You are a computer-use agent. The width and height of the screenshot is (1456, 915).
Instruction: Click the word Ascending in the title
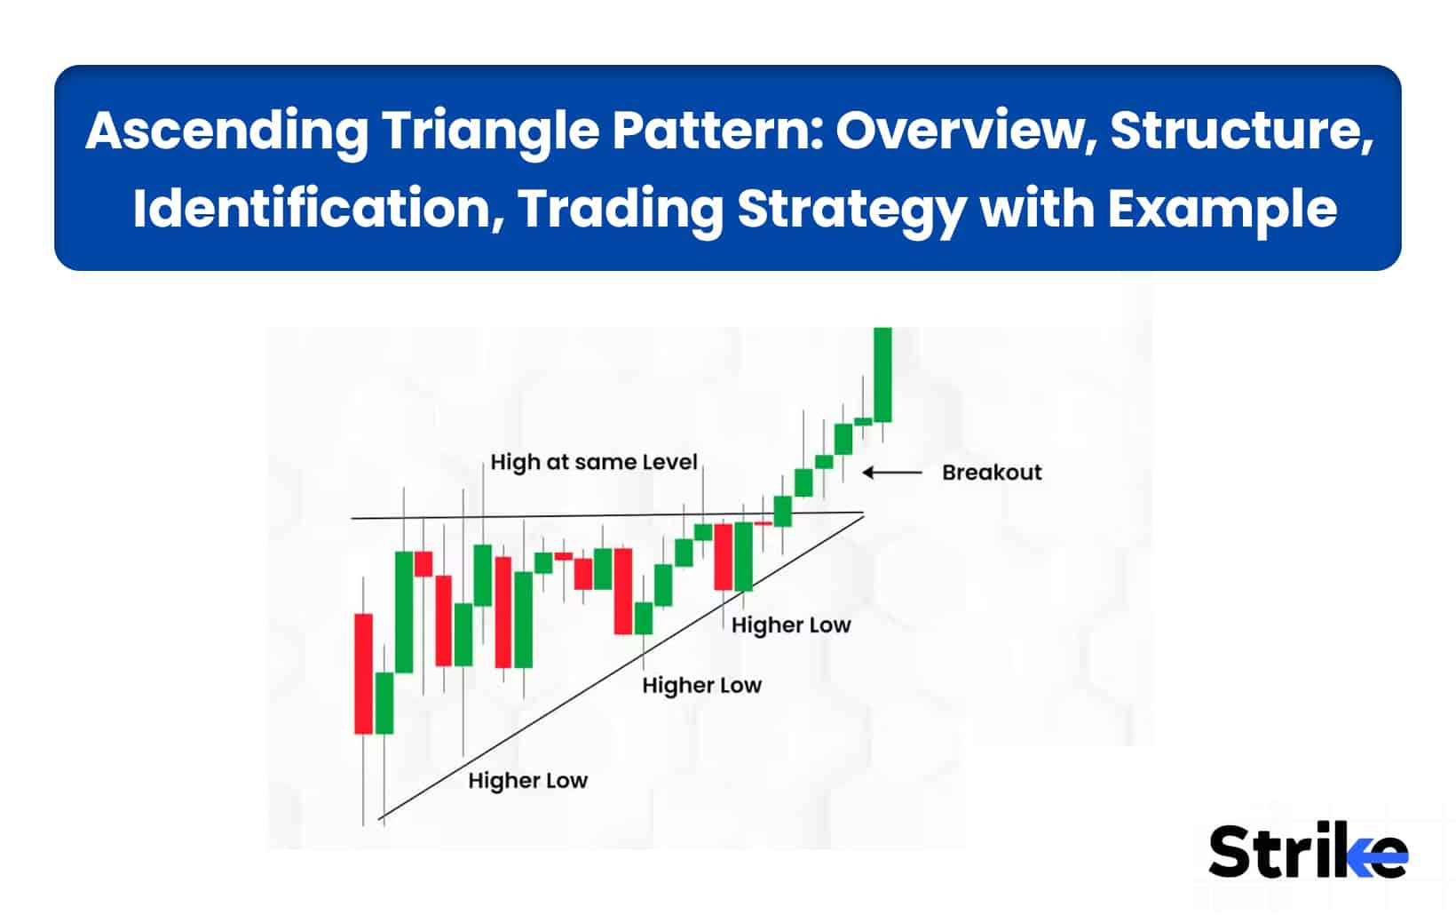pyautogui.click(x=226, y=131)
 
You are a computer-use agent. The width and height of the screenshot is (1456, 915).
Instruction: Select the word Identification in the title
pyautogui.click(x=316, y=209)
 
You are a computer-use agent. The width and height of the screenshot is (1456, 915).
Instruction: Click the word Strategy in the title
pyautogui.click(x=851, y=209)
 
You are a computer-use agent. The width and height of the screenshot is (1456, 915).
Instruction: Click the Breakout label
pyautogui.click(x=991, y=473)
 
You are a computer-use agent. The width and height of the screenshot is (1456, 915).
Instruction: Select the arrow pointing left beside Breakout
pyautogui.click(x=892, y=473)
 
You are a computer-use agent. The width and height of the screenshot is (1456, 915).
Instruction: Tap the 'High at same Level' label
pyautogui.click(x=593, y=462)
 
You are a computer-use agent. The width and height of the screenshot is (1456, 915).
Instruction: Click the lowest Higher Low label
pyautogui.click(x=527, y=781)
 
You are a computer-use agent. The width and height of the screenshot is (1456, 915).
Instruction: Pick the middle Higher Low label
pyautogui.click(x=701, y=685)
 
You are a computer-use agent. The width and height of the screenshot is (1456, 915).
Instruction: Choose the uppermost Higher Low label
pyautogui.click(x=790, y=625)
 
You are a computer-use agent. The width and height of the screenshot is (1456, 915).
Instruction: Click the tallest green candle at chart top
pyautogui.click(x=882, y=373)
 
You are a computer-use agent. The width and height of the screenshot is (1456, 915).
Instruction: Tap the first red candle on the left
pyautogui.click(x=363, y=672)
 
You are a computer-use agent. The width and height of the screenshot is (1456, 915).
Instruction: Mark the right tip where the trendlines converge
pyautogui.click(x=863, y=513)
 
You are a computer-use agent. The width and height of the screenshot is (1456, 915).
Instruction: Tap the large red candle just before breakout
pyautogui.click(x=724, y=556)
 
